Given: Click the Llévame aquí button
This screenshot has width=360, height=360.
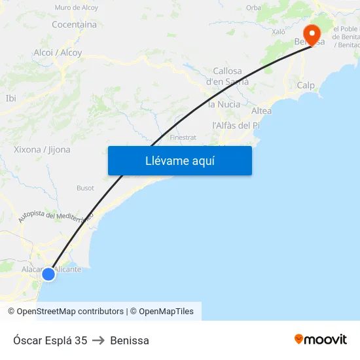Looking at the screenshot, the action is tap(180, 160).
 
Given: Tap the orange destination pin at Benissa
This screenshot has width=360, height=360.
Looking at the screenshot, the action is tap(311, 34).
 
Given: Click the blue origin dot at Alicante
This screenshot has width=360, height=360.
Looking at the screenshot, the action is tap(48, 274).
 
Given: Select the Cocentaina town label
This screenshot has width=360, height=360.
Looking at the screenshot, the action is tap(74, 25).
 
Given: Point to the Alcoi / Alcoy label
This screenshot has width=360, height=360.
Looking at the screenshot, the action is tap(58, 52).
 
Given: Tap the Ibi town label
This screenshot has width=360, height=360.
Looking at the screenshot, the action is tap(10, 98).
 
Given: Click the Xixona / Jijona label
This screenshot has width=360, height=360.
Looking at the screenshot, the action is tap(42, 149).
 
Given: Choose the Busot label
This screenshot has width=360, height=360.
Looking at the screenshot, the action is tap(85, 188).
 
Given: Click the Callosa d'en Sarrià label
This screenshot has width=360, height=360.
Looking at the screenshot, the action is tap(227, 77).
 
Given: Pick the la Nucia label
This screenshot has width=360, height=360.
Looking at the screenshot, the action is tap(224, 104).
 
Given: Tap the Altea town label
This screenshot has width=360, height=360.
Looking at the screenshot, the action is tap(261, 111).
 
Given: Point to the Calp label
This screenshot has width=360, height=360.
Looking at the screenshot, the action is tap(306, 85).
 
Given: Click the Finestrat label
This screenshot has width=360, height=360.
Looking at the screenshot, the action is tap(183, 137).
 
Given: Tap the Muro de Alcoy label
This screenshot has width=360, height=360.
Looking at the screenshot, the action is tap(77, 8).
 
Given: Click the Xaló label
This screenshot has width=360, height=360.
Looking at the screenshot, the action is tap(278, 31).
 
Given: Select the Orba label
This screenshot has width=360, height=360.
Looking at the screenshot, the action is tap(253, 8).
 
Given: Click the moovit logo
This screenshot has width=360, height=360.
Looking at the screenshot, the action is tap(321, 340).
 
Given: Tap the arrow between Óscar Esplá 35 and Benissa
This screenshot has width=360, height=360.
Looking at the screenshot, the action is tap(99, 340).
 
